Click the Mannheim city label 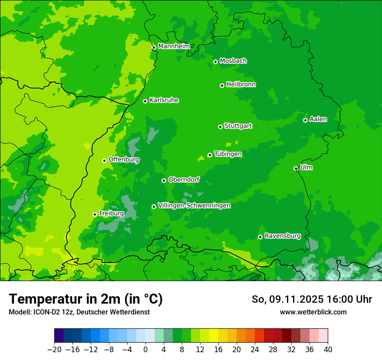click(x=174, y=46)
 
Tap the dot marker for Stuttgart click(x=220, y=127)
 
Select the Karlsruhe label click(x=164, y=100)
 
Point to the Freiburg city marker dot click(x=95, y=214)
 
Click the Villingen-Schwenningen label click(x=194, y=206)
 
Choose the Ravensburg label click(x=283, y=236)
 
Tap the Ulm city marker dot click(x=296, y=168)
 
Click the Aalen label click(x=318, y=119)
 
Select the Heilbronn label click(x=241, y=85)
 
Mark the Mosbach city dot click(x=215, y=62)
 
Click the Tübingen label click(x=228, y=154)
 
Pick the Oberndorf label click(x=184, y=180)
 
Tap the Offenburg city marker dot click(x=104, y=160)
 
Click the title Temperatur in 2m click(x=86, y=299)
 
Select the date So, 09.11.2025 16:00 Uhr click(x=312, y=299)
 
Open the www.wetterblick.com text click(x=313, y=312)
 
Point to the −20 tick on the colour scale click(x=54, y=349)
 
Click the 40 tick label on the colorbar click(x=328, y=349)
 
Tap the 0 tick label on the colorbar click(x=145, y=349)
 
